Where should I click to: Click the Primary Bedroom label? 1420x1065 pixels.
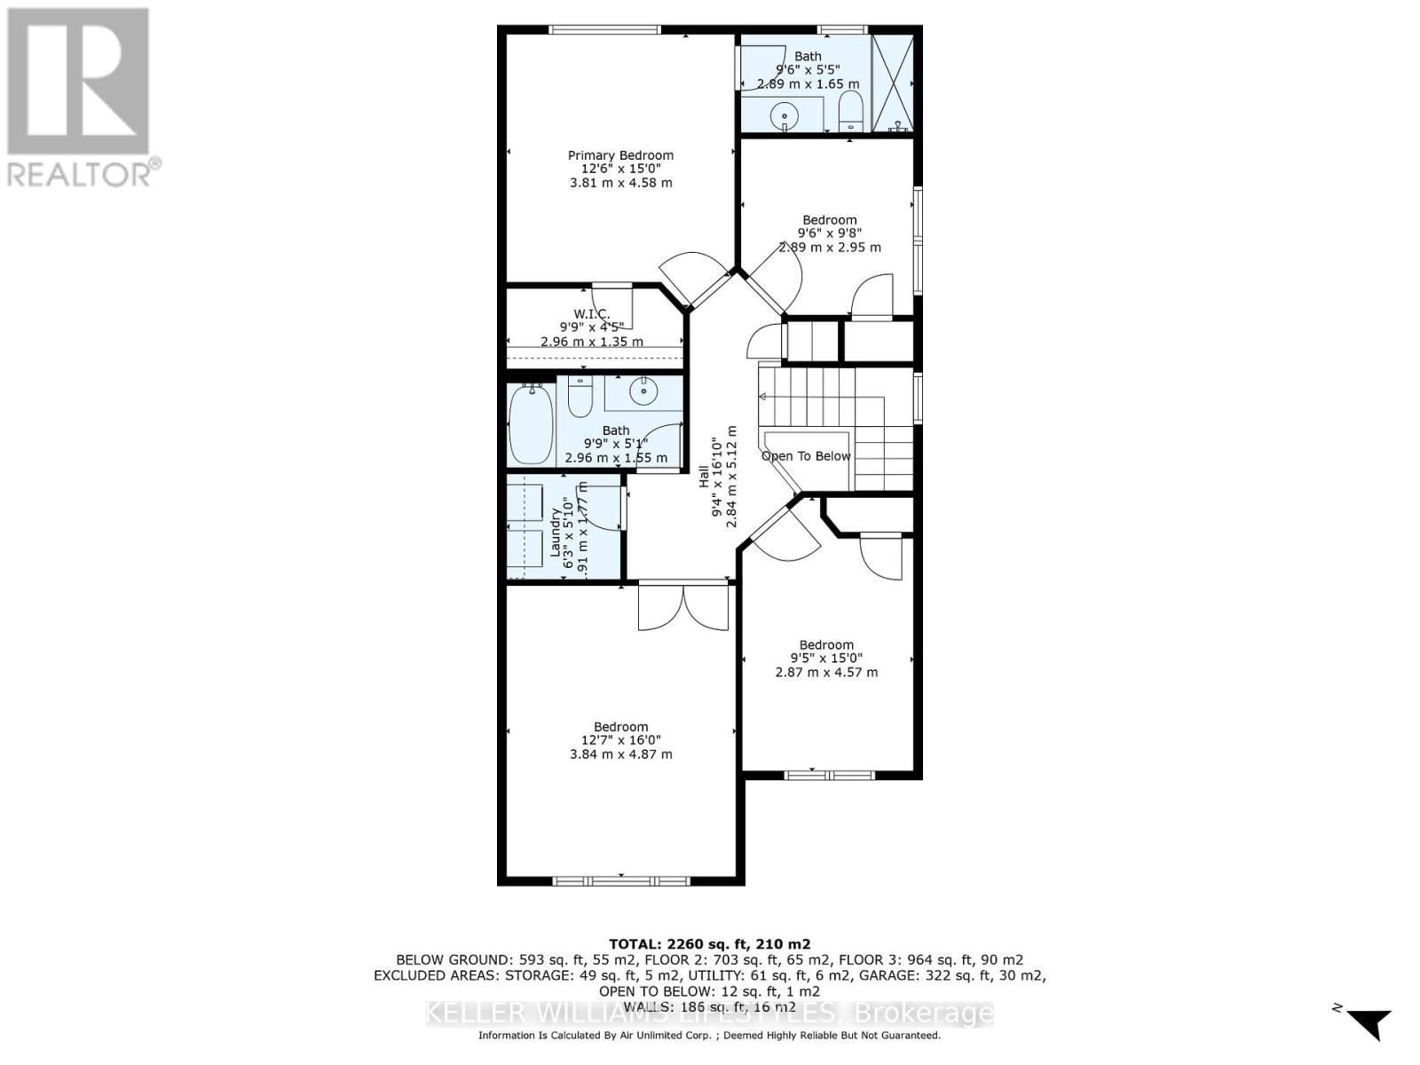click(620, 155)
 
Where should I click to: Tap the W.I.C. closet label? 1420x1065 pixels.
click(591, 314)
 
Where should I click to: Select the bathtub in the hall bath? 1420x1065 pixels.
click(531, 423)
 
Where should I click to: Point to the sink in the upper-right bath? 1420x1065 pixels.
click(785, 116)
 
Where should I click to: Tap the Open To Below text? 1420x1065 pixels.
click(806, 456)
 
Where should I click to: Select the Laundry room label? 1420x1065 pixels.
click(556, 532)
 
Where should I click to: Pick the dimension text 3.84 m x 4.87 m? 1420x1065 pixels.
click(620, 754)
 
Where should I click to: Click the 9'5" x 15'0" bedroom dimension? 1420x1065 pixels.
click(826, 659)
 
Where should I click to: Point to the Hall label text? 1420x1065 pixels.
click(704, 476)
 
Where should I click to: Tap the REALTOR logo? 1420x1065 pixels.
click(80, 98)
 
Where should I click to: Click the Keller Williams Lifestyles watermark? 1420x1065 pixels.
click(709, 1013)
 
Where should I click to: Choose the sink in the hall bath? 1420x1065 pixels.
click(642, 390)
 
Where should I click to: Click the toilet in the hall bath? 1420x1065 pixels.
click(580, 397)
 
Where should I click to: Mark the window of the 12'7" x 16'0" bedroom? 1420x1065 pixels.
click(620, 880)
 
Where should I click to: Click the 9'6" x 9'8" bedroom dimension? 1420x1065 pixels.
click(830, 233)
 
